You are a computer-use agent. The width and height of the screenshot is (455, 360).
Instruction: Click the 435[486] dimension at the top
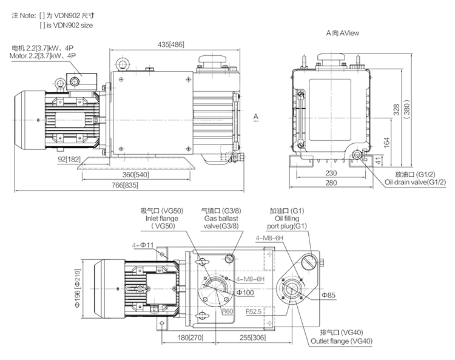coord(171,44)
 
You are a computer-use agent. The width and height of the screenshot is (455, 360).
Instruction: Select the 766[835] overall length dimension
coord(125,185)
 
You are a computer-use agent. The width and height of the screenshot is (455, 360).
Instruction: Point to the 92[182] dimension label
coord(70,159)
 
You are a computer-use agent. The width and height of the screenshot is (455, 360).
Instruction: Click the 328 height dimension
coord(396,109)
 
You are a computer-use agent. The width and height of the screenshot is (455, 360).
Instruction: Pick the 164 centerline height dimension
coord(386,143)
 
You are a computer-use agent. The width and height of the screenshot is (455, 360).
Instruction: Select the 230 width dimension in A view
coord(331,173)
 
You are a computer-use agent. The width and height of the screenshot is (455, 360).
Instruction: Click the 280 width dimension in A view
coord(331,183)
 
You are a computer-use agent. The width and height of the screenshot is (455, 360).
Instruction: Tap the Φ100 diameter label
coord(245,293)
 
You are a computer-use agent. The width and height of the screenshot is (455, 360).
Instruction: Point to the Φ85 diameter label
coord(328,295)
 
